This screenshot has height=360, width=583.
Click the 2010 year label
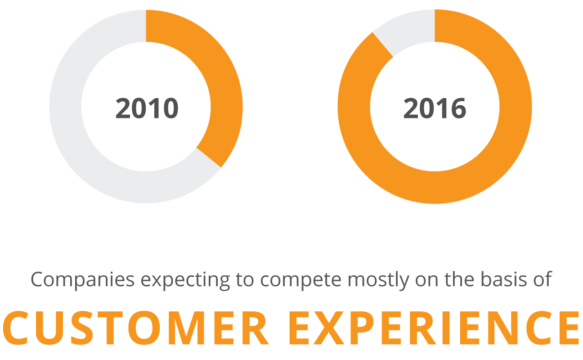pyautogui.click(x=147, y=108)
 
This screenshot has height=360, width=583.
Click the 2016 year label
pyautogui.click(x=435, y=108)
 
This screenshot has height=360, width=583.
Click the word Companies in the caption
pyautogui.click(x=83, y=280)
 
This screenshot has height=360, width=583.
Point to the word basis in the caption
pyautogui.click(x=504, y=280)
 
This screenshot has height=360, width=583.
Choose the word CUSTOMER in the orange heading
pyautogui.click(x=135, y=328)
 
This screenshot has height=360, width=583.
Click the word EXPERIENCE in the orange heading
pyautogui.click(x=433, y=328)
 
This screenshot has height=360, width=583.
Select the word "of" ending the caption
pyautogui.click(x=543, y=280)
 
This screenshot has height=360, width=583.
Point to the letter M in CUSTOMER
pyautogui.click(x=187, y=328)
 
